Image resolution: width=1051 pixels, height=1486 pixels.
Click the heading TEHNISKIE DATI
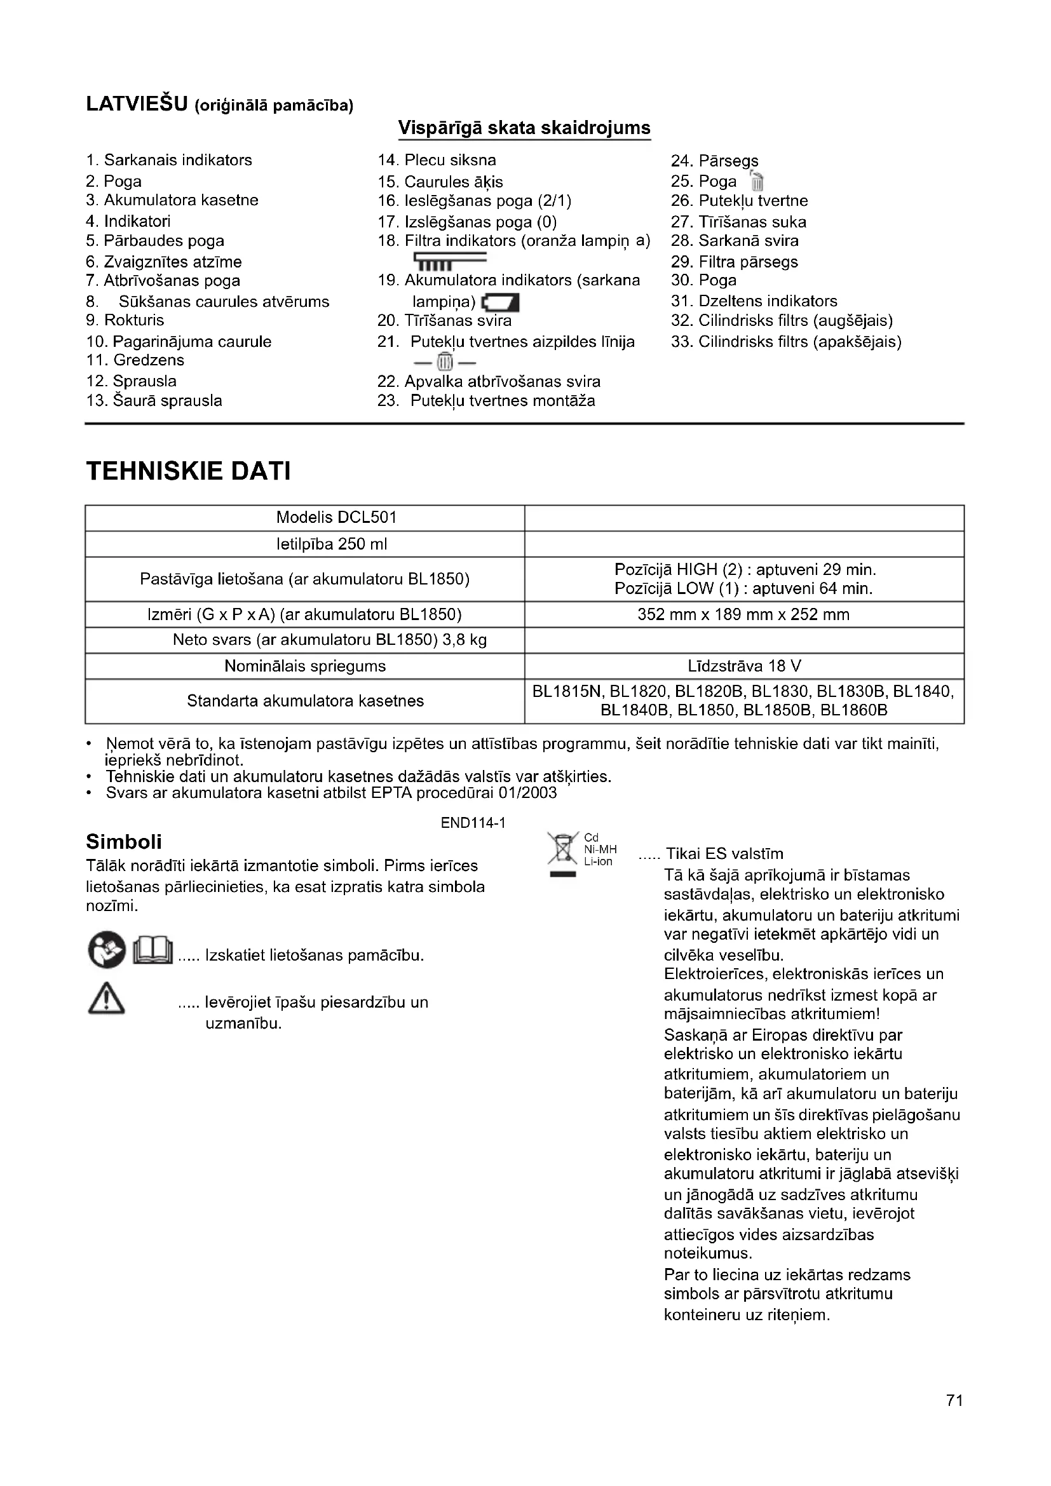point(188,471)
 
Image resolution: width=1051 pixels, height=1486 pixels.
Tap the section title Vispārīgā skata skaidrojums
point(524,128)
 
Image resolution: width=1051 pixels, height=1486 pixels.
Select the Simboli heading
point(124,841)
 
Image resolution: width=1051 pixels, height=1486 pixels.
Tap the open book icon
point(153,952)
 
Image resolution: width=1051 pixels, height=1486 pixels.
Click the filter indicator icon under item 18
point(449,262)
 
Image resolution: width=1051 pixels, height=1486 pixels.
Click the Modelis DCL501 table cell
point(337,517)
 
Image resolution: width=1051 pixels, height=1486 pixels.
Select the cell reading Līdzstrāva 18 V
point(744,666)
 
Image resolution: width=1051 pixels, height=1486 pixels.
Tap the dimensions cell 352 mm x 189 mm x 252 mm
point(743,614)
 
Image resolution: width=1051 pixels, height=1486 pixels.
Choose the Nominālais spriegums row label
point(305,666)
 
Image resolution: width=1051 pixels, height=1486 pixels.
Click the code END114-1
point(473,823)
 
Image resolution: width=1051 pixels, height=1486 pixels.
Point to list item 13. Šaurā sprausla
point(154,401)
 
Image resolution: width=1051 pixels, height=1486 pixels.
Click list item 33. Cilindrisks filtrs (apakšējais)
point(785,341)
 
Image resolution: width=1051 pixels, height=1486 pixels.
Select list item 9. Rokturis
point(125,320)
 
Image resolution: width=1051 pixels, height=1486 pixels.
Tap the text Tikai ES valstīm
point(724,854)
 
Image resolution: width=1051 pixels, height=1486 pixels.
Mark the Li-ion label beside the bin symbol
point(598,861)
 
